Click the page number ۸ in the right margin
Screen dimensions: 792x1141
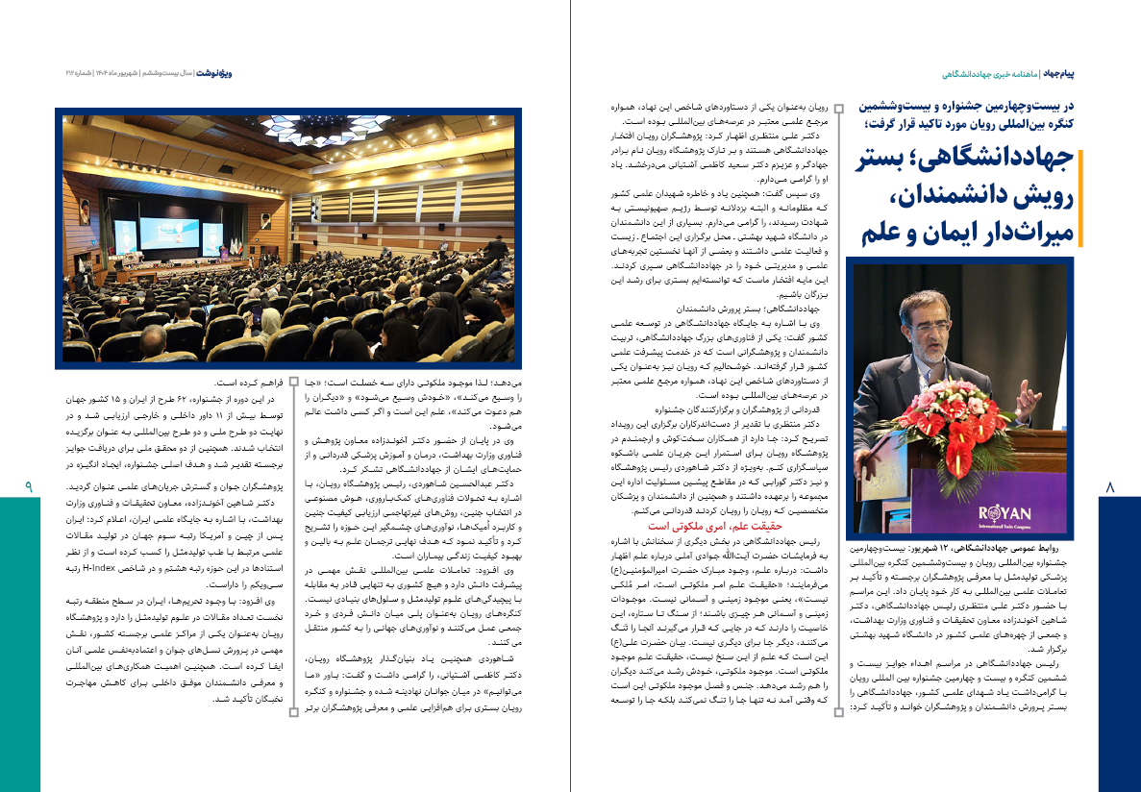(1110, 488)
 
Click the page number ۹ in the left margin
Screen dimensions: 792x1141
(29, 488)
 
